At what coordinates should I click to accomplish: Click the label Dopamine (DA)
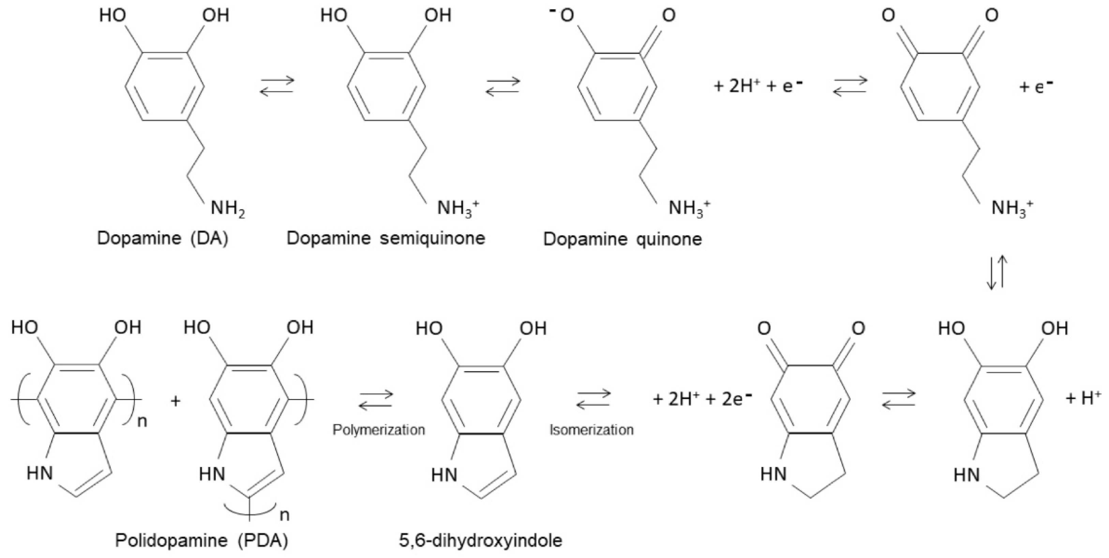tap(163, 238)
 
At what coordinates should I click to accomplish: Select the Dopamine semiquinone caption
tap(386, 238)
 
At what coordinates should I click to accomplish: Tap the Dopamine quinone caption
tap(623, 239)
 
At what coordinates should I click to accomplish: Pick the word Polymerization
tap(379, 430)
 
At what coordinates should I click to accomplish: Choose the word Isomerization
tap(591, 430)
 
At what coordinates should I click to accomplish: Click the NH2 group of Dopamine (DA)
tap(227, 209)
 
